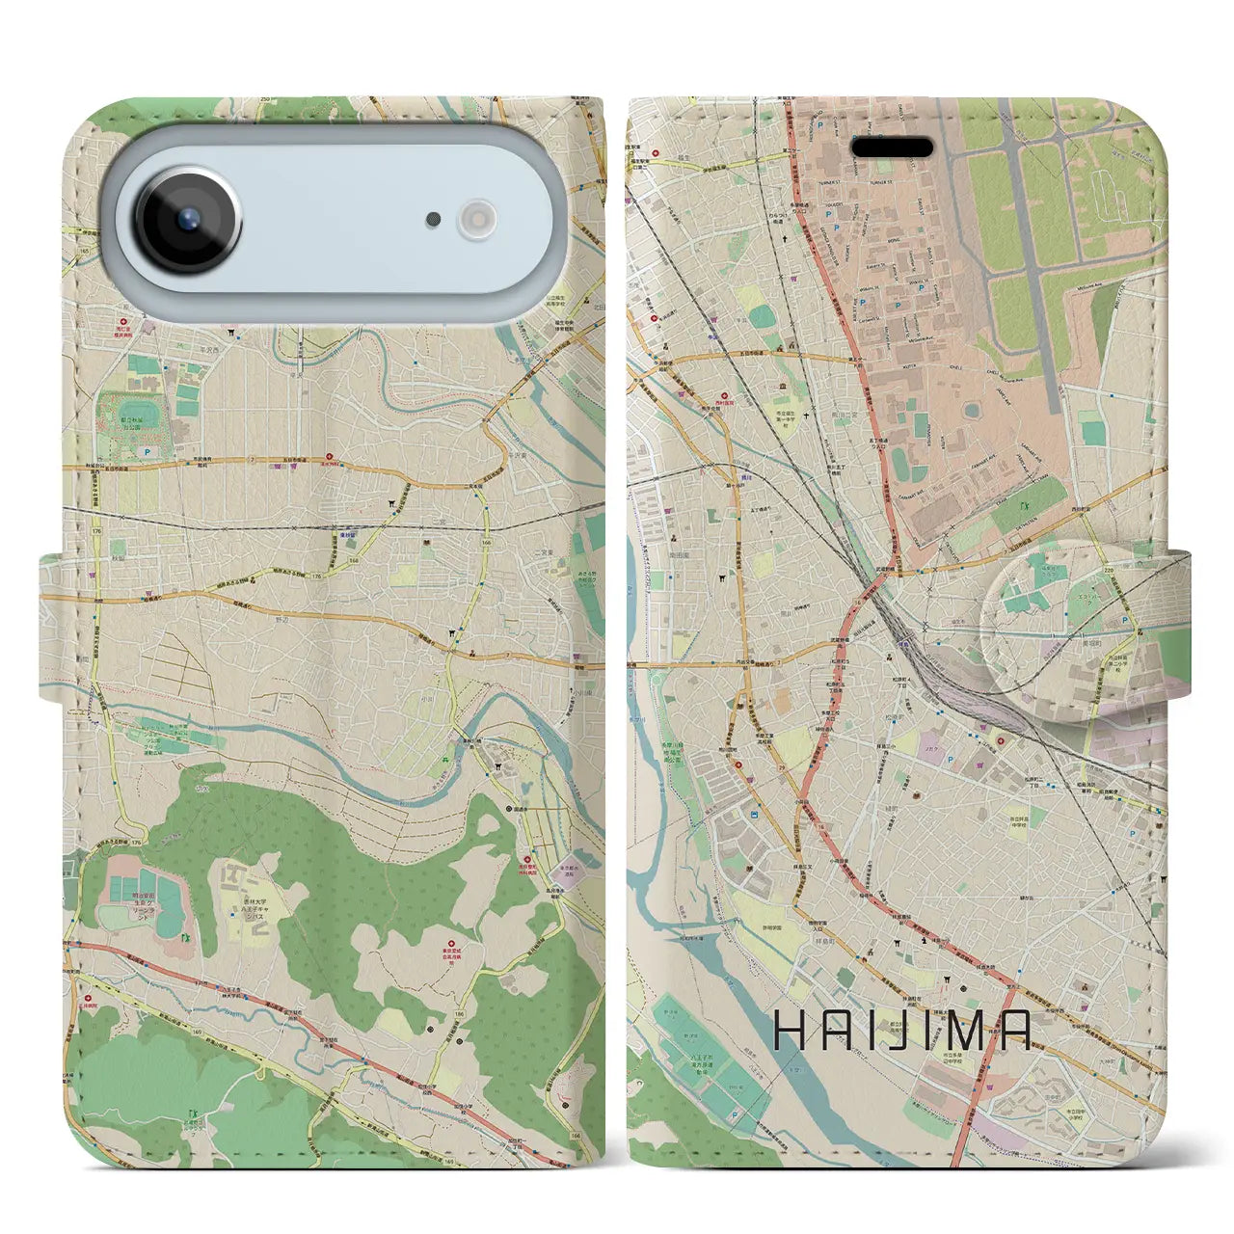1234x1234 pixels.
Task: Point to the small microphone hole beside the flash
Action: click(x=434, y=220)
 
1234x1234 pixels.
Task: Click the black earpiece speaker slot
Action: click(x=893, y=148)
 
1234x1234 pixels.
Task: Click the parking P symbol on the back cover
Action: click(x=147, y=451)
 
